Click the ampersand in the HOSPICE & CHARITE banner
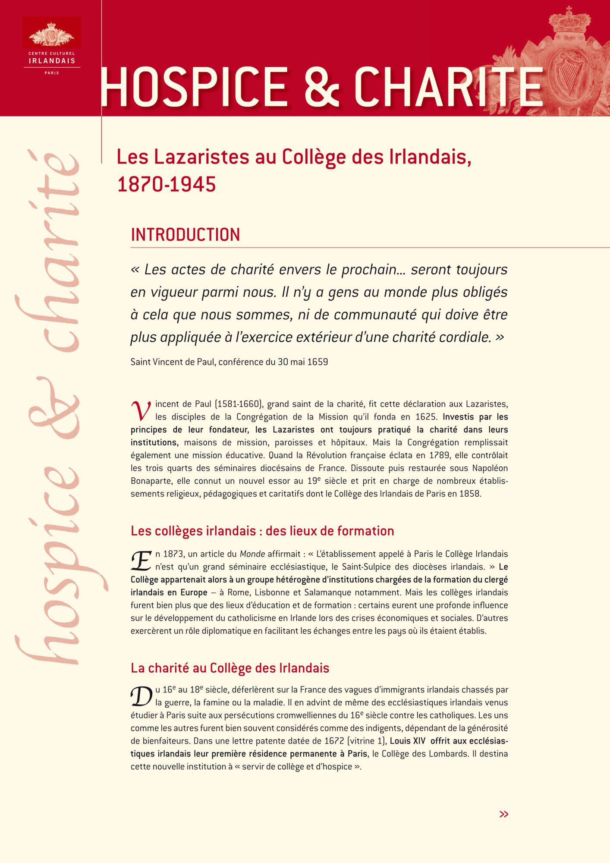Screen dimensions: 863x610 tap(322, 87)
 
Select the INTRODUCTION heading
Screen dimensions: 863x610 tap(185, 235)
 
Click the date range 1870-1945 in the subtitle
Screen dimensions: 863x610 tap(167, 185)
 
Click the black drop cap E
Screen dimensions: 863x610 tap(141, 561)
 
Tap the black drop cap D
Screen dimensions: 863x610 tap(141, 696)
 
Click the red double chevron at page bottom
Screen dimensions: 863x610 tap(503, 814)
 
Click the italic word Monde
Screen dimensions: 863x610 tap(252, 554)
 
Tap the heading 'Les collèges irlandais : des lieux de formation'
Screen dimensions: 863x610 tap(262, 531)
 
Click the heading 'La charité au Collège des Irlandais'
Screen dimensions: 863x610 tap(230, 668)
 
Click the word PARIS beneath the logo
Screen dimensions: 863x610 tap(52, 73)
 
